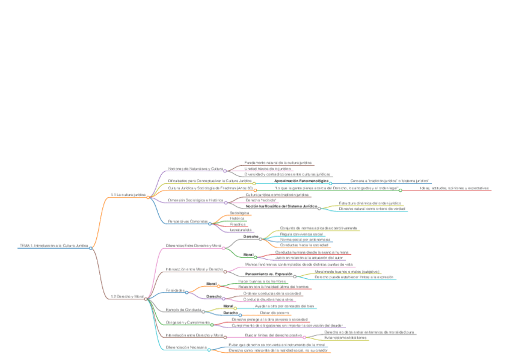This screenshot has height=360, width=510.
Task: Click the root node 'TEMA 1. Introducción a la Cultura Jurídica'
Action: [x=54, y=246]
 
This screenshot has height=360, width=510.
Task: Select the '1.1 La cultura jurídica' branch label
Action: [x=128, y=195]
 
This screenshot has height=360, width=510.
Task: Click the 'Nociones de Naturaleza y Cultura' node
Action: [x=195, y=169]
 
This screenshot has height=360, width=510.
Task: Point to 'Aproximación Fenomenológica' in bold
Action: [x=301, y=180]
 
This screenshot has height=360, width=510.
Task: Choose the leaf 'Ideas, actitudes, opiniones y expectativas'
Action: [x=454, y=188]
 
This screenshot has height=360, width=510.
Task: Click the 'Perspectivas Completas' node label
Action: [x=188, y=221]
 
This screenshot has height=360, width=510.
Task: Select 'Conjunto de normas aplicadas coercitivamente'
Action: [x=319, y=228]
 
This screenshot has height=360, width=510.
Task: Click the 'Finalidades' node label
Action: [x=175, y=290]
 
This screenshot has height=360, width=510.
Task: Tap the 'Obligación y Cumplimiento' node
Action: [x=188, y=322]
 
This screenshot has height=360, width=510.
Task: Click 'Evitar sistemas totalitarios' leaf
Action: [x=345, y=337]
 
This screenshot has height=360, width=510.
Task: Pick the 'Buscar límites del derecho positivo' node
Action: [x=273, y=335]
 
